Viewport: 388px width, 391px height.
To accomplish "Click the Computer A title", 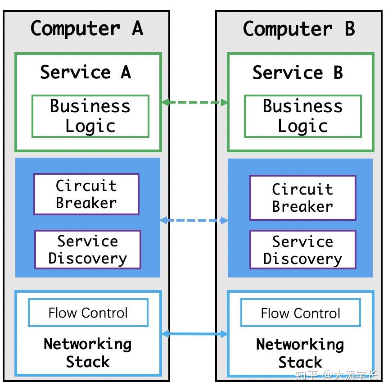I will [86, 29].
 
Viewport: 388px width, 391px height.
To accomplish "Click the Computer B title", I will [299, 29].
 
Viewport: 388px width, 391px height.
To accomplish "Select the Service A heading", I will [86, 72].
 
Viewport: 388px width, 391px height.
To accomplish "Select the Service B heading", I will [298, 73].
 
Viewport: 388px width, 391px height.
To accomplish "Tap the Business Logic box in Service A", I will [90, 116].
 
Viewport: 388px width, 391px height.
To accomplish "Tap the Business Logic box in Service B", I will [302, 116].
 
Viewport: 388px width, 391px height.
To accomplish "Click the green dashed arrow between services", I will [194, 102].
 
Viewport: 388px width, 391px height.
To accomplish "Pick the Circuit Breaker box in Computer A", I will [86, 194].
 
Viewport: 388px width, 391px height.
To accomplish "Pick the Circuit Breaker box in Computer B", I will [302, 198].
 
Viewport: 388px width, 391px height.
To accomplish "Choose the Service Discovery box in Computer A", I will [87, 250].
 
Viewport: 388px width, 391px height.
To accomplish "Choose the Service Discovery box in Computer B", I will [302, 250].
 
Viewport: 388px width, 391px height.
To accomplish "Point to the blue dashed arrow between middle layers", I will [194, 220].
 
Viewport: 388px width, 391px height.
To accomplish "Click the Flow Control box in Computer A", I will [88, 313].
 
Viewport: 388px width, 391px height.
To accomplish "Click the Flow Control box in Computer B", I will [300, 313].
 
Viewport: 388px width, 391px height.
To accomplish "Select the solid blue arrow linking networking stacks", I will [194, 334].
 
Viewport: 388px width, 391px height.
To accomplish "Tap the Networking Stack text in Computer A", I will [88, 353].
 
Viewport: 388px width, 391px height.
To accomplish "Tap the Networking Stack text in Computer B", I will [300, 353].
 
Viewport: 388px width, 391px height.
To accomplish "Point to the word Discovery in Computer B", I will [302, 259].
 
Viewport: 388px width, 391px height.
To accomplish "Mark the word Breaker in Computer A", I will [86, 203].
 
